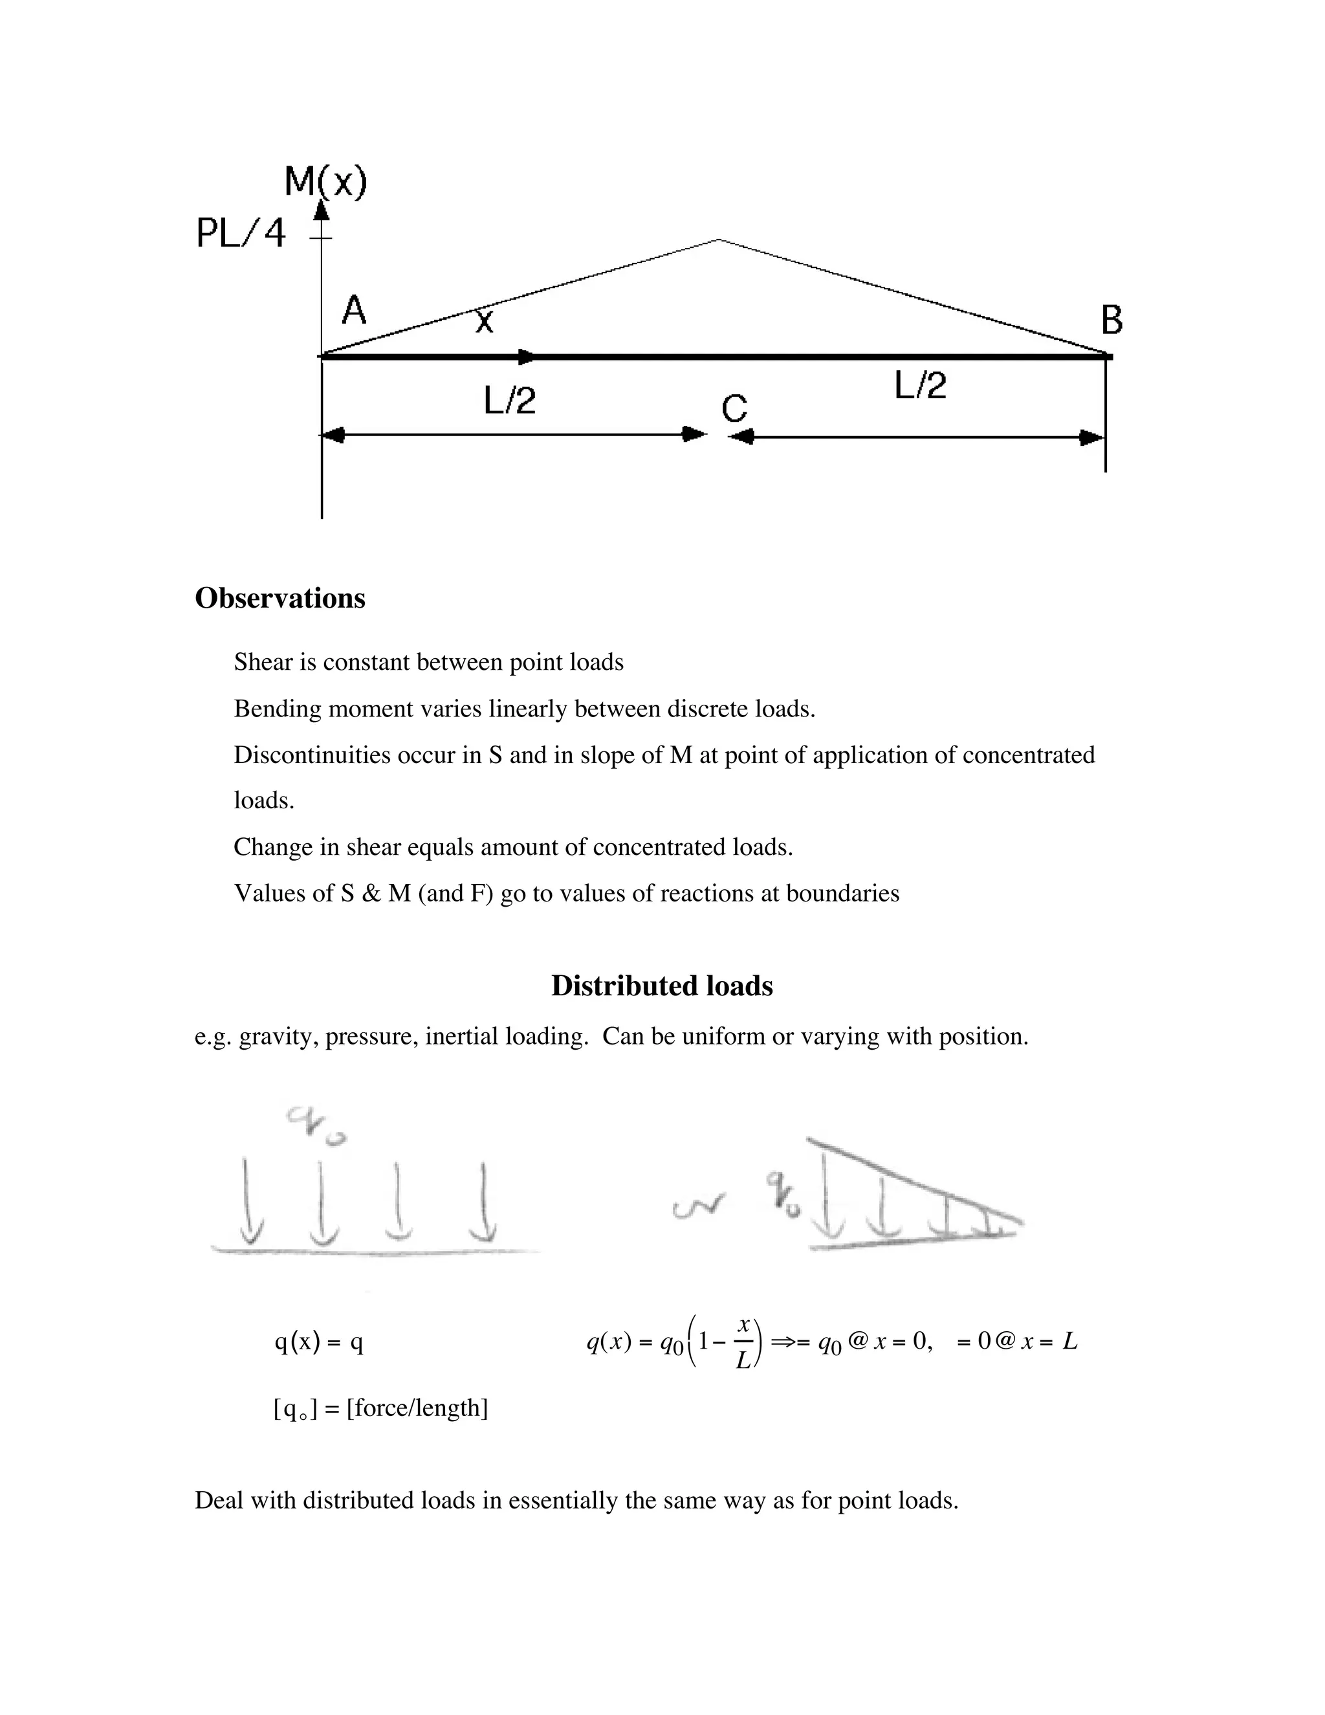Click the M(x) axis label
(325, 183)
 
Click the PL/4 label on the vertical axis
(240, 233)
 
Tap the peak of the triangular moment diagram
(718, 239)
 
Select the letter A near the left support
(354, 310)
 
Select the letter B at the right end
(1111, 320)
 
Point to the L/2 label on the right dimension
(920, 386)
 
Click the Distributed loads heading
(662, 986)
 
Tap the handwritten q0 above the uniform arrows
(316, 1125)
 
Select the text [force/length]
(417, 1408)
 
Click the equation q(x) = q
(319, 1343)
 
